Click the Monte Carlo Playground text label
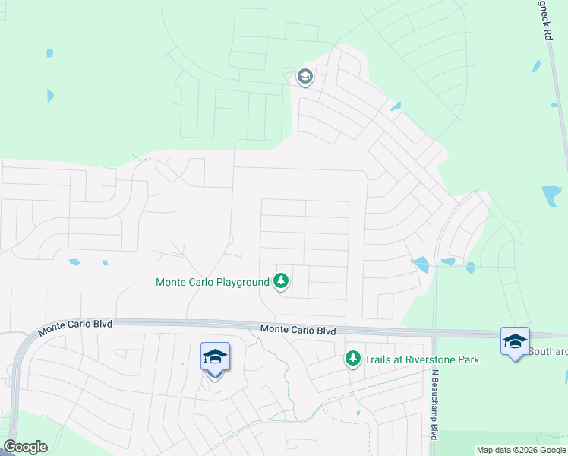tap(213, 282)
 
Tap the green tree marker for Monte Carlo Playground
tap(281, 281)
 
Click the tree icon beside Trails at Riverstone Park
tap(352, 358)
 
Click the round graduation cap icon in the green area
tap(305, 76)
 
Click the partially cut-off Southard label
tap(547, 352)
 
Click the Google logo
tap(25, 447)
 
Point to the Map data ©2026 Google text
tap(522, 450)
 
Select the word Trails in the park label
tap(378, 359)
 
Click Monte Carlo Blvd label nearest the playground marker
tap(298, 330)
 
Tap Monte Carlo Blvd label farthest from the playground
tap(75, 325)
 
